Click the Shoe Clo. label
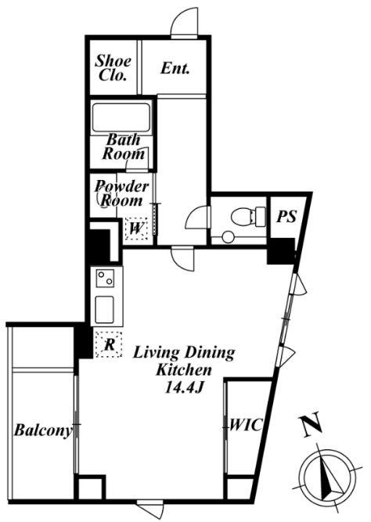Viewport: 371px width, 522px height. (113, 68)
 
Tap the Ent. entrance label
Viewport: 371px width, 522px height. (175, 69)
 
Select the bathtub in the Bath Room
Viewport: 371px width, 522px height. (121, 117)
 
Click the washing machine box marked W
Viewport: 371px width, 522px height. (137, 229)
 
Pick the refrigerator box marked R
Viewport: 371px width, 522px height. (109, 344)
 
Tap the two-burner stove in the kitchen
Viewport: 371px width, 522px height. (105, 279)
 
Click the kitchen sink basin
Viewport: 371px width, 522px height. (105, 310)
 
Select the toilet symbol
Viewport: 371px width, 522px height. (248, 216)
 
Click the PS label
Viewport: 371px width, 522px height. (286, 217)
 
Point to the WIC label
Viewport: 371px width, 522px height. (247, 425)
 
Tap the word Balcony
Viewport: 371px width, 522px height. (42, 430)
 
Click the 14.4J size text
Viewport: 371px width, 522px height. (184, 388)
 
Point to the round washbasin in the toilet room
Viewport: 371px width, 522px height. (228, 237)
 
